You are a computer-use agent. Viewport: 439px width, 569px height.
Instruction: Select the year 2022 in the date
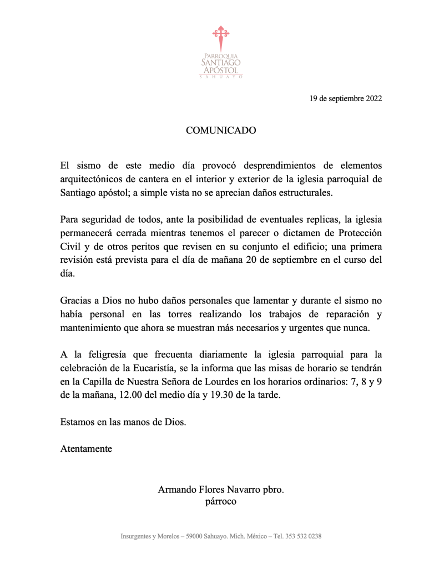click(371, 99)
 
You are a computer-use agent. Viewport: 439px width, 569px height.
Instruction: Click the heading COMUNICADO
click(220, 131)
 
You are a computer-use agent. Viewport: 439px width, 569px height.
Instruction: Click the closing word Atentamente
click(86, 448)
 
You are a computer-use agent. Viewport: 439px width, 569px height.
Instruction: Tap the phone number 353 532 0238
click(302, 536)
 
